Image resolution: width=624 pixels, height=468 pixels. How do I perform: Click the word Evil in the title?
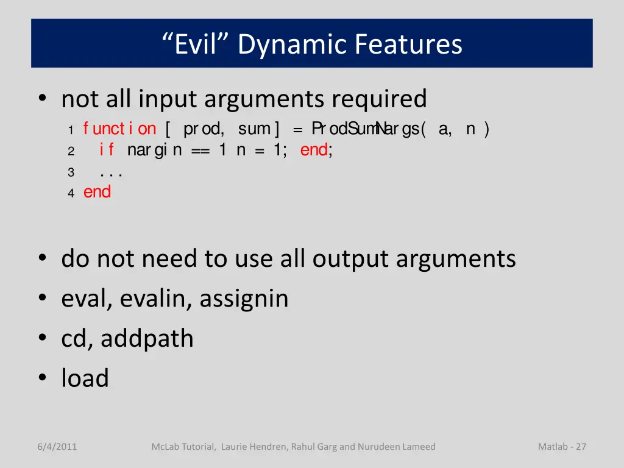[x=196, y=44]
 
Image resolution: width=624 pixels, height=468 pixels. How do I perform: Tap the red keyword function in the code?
[x=119, y=129]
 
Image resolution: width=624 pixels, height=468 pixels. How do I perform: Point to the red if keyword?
[x=107, y=150]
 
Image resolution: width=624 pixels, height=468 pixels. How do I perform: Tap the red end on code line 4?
[x=97, y=192]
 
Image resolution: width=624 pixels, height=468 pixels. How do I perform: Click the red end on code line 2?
[x=314, y=150]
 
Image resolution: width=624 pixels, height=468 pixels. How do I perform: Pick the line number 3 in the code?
[x=71, y=172]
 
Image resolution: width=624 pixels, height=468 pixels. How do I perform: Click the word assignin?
[x=244, y=299]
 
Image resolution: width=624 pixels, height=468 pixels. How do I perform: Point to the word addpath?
[x=147, y=338]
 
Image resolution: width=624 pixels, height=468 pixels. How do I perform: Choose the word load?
[x=85, y=378]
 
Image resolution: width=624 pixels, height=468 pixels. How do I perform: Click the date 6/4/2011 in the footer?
[x=57, y=447]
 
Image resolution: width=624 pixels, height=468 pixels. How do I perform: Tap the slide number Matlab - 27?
[x=562, y=447]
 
